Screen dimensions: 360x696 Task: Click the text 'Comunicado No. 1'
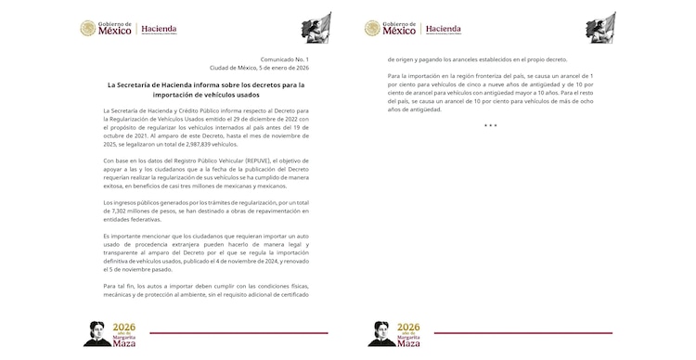point(282,59)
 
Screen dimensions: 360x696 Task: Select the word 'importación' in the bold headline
point(159,94)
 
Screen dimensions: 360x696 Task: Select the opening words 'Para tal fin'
point(117,286)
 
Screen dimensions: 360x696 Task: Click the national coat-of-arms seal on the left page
point(89,29)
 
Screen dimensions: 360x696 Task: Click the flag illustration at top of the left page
point(318,27)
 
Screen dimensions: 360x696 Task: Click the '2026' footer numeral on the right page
point(409,328)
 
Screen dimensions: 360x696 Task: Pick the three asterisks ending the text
point(490,126)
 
